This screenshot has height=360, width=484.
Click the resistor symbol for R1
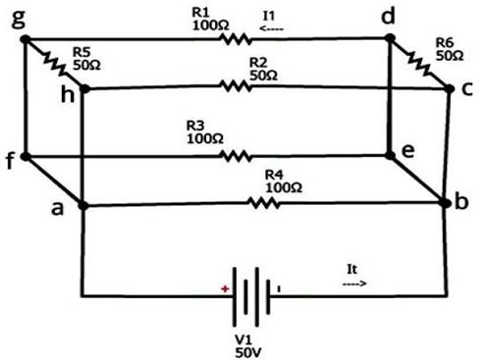[236, 39]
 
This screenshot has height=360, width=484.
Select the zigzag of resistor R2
[236, 86]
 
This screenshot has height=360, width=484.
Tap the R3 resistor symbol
[237, 156]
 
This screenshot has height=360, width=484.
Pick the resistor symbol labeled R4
[264, 203]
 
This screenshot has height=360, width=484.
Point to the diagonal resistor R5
[55, 64]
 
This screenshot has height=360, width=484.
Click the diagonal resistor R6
[419, 64]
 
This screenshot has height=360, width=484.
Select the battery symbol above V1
[251, 296]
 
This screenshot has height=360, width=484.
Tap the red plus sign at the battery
[225, 288]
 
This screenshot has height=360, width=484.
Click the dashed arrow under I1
[271, 28]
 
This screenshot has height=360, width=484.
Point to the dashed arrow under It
[354, 283]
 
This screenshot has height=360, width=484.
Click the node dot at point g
[26, 39]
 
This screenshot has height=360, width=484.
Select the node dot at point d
[390, 38]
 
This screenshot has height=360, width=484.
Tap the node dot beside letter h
[84, 88]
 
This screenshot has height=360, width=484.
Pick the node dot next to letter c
[450, 88]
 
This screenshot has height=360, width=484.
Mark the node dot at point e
[390, 155]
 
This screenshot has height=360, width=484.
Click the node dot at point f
[26, 157]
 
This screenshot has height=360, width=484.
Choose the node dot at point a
[83, 206]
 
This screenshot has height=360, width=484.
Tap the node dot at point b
[445, 203]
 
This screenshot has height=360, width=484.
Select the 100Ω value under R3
[205, 138]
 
